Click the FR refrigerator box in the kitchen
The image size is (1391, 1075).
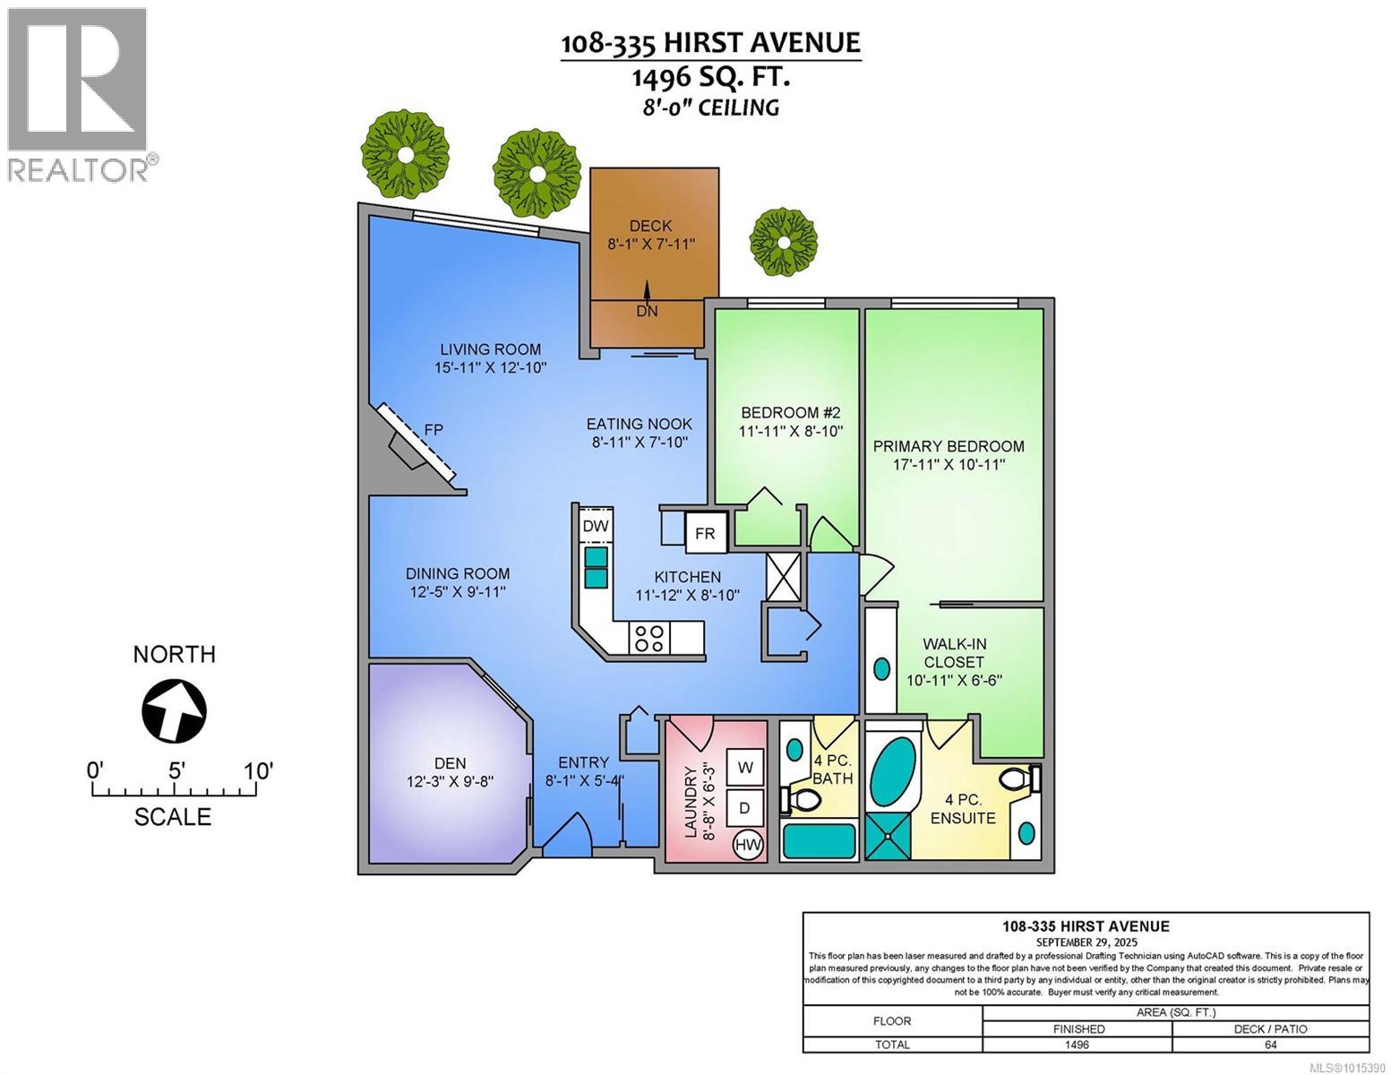pyautogui.click(x=705, y=533)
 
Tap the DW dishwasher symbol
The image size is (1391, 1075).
pyautogui.click(x=596, y=526)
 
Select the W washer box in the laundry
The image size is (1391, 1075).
pyautogui.click(x=744, y=767)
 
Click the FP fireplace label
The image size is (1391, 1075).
pyautogui.click(x=434, y=429)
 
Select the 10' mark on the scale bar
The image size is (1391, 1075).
pyautogui.click(x=258, y=770)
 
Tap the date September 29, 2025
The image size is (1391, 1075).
pyautogui.click(x=1086, y=942)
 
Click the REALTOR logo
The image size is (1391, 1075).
pyautogui.click(x=79, y=93)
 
